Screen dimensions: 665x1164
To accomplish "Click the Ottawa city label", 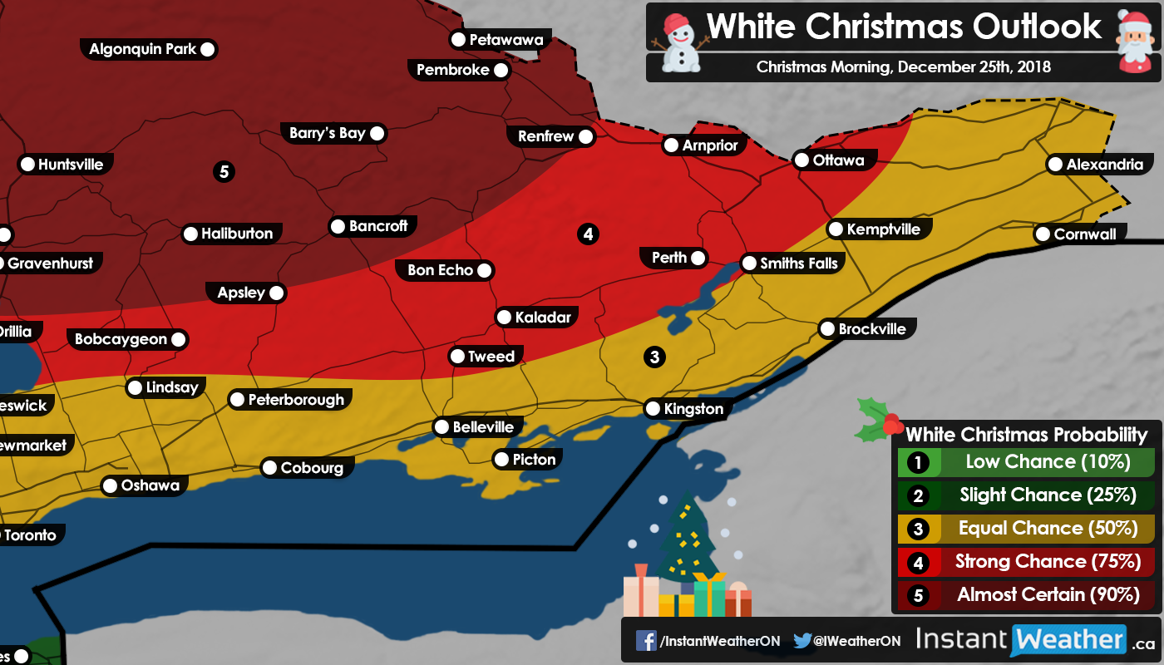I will coord(838,160).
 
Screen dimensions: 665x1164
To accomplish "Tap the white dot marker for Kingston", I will coord(654,409).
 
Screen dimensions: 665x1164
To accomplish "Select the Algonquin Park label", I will coord(142,49).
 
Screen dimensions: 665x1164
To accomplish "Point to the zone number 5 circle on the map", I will coord(223,172).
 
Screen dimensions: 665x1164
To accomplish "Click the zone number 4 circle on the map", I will coord(588,234).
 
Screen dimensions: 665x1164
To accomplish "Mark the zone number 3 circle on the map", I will coord(654,357).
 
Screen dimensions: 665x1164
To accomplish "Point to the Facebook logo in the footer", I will coord(646,641).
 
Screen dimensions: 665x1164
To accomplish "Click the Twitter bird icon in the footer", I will coord(802,641).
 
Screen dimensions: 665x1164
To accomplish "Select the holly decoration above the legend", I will coord(877,420).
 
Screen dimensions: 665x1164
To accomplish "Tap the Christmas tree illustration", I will coord(686,540).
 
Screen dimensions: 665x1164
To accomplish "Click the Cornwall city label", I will coord(1084,234).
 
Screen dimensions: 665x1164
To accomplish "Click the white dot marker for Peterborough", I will coord(237,400).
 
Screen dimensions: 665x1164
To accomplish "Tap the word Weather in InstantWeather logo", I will coord(1068,640).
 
